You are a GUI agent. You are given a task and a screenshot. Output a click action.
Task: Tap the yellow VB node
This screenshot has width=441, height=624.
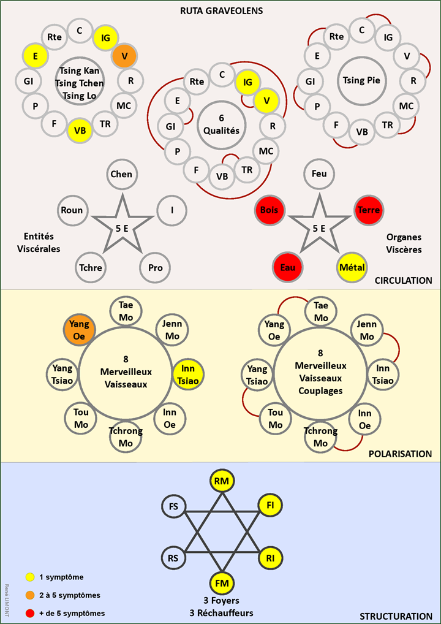point(80,130)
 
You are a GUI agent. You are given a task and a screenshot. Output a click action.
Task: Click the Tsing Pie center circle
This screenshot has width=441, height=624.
point(361,80)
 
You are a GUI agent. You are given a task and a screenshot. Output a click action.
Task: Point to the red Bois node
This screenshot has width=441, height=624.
point(269,210)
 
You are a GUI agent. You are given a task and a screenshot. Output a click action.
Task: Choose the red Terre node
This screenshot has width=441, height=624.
point(369,210)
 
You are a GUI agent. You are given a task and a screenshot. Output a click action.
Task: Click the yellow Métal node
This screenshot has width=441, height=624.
point(352,267)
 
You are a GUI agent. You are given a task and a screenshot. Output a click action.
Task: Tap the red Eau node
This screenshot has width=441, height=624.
point(288,267)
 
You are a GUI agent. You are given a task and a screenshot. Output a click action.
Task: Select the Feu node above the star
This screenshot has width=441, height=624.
point(319,174)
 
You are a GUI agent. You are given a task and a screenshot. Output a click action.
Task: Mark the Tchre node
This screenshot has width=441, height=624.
point(90,268)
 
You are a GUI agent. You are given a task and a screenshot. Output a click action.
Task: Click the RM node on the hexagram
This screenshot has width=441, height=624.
point(222,482)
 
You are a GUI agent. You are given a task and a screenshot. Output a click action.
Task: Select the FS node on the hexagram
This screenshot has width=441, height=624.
point(173,506)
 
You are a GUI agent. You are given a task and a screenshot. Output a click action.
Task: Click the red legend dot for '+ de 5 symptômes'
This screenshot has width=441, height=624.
point(29,613)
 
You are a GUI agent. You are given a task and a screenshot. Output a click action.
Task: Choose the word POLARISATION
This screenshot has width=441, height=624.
point(400,454)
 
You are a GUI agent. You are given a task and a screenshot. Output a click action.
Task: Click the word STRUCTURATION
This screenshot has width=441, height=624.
point(396,616)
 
